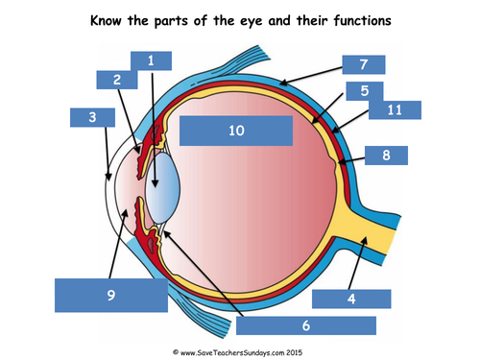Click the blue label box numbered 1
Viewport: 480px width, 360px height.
(151, 60)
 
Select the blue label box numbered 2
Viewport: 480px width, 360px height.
(117, 80)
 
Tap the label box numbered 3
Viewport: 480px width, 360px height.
(92, 117)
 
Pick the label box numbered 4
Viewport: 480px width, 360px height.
(351, 299)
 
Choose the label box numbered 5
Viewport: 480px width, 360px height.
(365, 91)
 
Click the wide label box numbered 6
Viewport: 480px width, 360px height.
(306, 325)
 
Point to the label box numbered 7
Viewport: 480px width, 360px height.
(364, 64)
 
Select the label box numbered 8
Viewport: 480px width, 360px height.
(386, 156)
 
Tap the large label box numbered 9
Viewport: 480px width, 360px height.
(111, 295)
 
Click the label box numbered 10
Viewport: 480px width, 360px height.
(236, 131)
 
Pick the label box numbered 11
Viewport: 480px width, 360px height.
(395, 110)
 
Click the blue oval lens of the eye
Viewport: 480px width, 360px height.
(162, 188)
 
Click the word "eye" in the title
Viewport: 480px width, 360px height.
(252, 22)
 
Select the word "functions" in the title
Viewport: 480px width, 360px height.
(362, 20)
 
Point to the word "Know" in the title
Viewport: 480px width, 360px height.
(106, 20)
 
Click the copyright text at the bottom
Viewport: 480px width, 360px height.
(237, 352)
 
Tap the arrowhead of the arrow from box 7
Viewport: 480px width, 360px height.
(283, 84)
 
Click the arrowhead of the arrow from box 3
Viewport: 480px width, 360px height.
(108, 177)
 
